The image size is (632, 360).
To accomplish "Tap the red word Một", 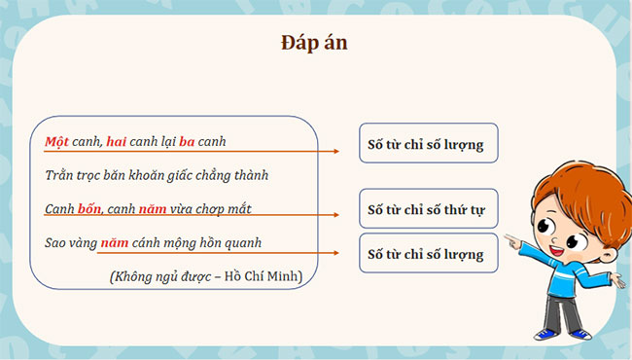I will click(x=56, y=142).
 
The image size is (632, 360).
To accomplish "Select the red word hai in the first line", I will click(x=117, y=142).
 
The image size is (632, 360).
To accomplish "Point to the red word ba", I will click(x=188, y=142).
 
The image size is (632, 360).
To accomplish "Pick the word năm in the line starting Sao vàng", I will click(x=115, y=242).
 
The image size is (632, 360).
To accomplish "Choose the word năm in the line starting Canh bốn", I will click(x=158, y=208).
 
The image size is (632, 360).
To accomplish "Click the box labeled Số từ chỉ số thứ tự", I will click(x=428, y=208).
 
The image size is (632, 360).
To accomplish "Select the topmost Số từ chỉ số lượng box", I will click(x=428, y=143).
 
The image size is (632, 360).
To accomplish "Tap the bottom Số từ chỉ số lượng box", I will click(x=428, y=254).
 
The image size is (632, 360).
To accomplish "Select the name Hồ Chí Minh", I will click(x=265, y=276).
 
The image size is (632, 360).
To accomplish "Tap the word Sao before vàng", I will click(x=57, y=242).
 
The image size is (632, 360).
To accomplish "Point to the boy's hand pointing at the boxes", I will click(x=512, y=236).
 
